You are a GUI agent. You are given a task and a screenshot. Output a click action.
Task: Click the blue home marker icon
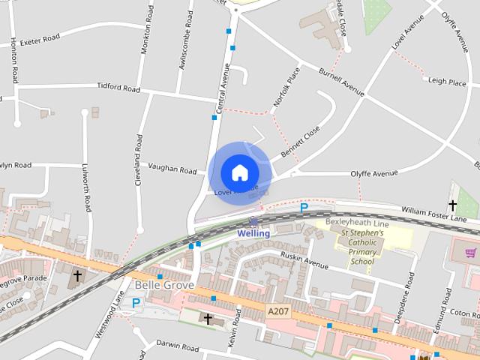click(x=239, y=172)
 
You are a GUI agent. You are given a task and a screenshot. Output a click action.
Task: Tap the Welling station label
click(x=253, y=233)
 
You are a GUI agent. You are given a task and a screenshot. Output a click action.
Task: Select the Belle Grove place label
click(x=165, y=286)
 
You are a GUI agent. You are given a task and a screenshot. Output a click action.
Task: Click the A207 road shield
click(x=277, y=310)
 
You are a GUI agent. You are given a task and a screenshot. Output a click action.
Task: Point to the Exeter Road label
click(x=40, y=38)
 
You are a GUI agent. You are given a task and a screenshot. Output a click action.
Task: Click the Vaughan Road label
click(x=172, y=169)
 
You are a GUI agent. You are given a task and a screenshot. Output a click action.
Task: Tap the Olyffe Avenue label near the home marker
click(x=374, y=174)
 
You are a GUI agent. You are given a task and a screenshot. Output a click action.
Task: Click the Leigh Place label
click(x=447, y=82)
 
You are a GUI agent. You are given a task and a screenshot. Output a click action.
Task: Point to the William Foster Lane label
click(x=433, y=214)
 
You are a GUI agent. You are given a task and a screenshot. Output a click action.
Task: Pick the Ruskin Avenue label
click(x=304, y=261)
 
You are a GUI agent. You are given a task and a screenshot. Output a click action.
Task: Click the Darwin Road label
click(x=177, y=346)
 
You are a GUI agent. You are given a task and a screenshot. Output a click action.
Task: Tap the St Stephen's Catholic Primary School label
click(x=362, y=247)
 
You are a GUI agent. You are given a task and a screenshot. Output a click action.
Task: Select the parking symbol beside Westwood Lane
click(x=136, y=303)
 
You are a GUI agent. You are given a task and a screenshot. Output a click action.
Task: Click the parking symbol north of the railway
click(x=304, y=208)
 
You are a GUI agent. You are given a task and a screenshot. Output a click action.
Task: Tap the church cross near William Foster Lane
click(x=452, y=205)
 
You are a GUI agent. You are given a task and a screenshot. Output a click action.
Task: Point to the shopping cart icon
click(x=471, y=253)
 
